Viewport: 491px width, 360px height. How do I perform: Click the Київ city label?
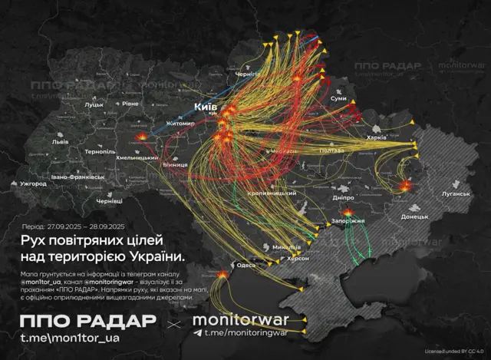tap(206, 106)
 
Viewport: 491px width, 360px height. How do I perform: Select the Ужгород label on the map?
tap(34, 184)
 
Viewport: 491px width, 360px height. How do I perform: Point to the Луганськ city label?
tap(456, 193)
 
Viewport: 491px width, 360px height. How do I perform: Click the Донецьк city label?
tap(414, 216)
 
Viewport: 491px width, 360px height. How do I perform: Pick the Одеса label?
tap(246, 265)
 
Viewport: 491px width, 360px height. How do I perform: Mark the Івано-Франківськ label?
tap(77, 177)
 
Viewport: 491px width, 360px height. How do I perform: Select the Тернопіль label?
tap(100, 152)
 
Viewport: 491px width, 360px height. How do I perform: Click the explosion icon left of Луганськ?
tap(406, 185)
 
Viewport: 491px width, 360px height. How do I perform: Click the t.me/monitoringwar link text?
tap(239, 333)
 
